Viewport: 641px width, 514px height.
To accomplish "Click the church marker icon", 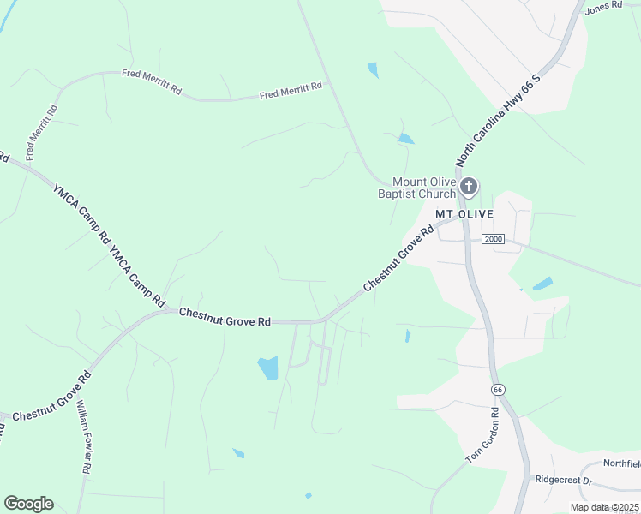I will [x=469, y=187].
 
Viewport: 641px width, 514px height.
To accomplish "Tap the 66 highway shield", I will [x=497, y=390].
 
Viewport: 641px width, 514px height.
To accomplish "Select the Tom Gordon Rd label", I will [x=482, y=435].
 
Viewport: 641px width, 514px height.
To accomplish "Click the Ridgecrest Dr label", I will [x=563, y=481].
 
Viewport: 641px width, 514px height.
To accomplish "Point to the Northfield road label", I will [x=621, y=463].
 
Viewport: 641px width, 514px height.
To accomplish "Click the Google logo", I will [x=28, y=504].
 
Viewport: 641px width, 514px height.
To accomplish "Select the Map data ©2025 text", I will [x=603, y=507].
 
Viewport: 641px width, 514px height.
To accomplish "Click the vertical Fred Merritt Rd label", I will [x=41, y=133].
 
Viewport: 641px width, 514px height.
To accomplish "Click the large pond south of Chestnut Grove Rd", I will [x=268, y=368].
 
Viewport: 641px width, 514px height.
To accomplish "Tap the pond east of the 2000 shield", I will [x=542, y=284].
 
